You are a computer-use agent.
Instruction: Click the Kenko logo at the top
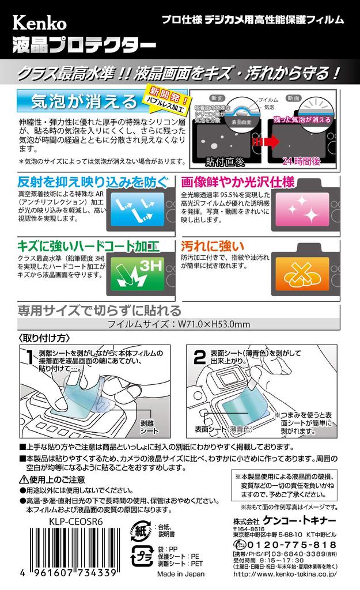pyautogui.click(x=40, y=23)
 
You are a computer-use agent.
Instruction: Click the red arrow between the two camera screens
pyautogui.click(x=265, y=142)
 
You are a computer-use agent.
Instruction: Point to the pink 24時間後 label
pyautogui.click(x=302, y=161)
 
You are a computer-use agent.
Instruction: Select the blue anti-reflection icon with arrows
pyautogui.click(x=138, y=209)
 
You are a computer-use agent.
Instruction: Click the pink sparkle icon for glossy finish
pyautogui.click(x=302, y=209)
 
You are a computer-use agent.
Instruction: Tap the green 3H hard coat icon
pyautogui.click(x=138, y=273)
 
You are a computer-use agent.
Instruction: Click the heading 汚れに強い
pyautogui.click(x=213, y=246)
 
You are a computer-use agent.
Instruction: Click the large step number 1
pyautogui.click(x=30, y=357)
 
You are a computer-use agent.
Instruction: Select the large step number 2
pyautogui.click(x=199, y=357)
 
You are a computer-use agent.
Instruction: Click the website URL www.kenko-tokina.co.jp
pyautogui.click(x=285, y=574)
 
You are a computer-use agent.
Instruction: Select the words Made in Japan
pyautogui.click(x=181, y=574)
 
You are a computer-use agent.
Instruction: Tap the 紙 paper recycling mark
pyautogui.click(x=141, y=531)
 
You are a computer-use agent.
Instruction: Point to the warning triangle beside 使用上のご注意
pyautogui.click(x=23, y=480)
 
